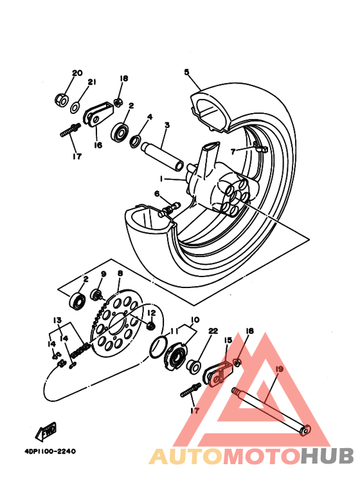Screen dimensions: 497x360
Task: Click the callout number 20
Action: [x=77, y=73]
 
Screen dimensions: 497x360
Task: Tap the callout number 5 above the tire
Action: [x=187, y=73]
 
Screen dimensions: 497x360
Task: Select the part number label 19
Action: [x=278, y=369]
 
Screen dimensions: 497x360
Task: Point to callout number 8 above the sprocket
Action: [x=120, y=273]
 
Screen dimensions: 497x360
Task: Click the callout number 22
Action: [x=213, y=331]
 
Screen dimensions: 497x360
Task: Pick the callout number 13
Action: [x=57, y=320]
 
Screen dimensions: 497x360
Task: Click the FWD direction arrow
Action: [x=46, y=430]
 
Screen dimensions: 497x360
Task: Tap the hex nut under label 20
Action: [x=61, y=100]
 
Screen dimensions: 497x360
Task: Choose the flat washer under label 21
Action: [x=76, y=105]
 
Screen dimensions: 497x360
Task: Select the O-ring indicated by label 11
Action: [x=156, y=350]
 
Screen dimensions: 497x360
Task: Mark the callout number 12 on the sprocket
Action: [x=151, y=313]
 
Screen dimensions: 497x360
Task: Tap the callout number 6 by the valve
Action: [x=156, y=194]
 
